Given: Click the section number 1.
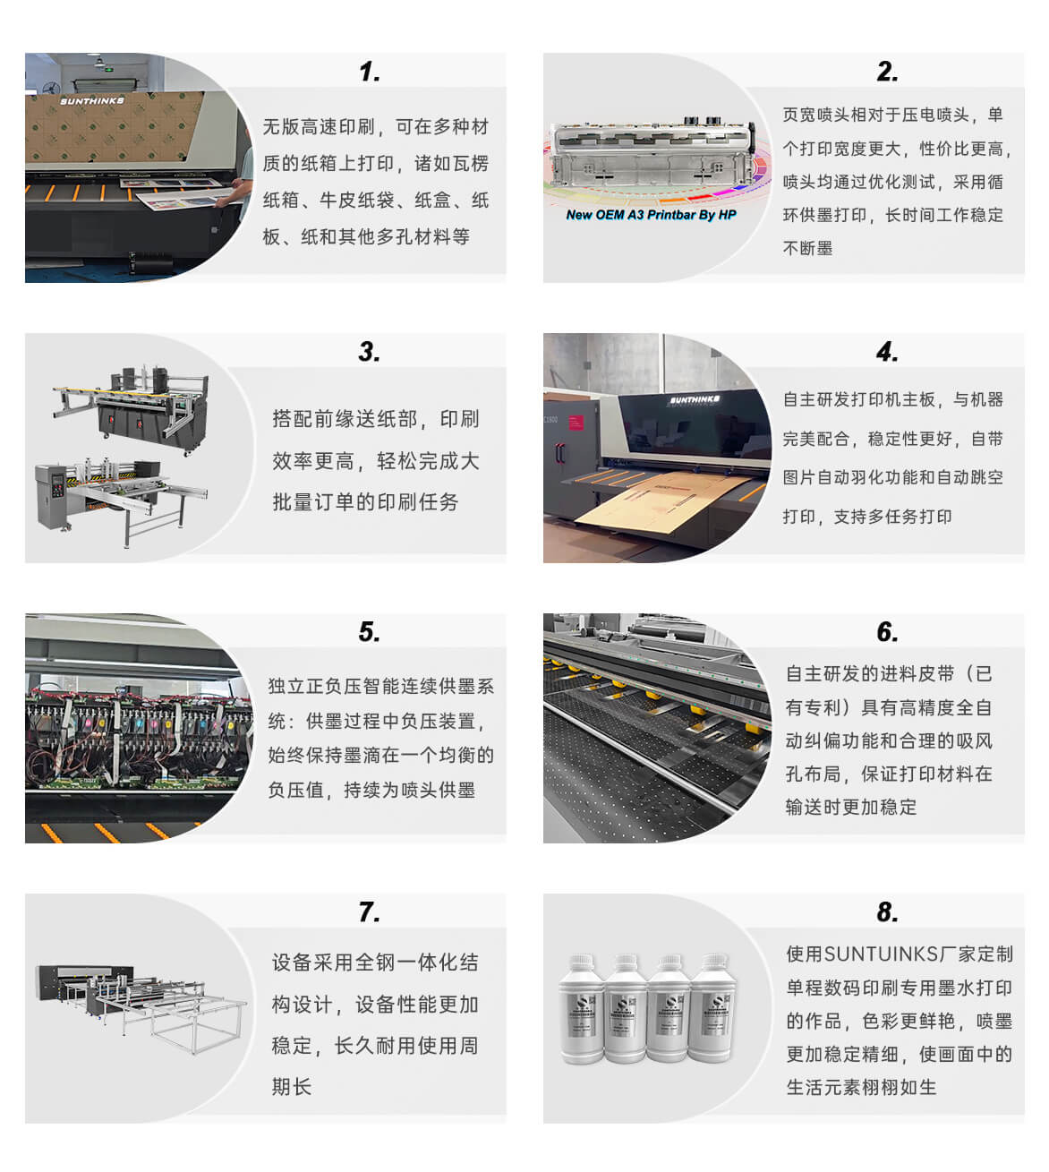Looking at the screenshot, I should coord(370,72).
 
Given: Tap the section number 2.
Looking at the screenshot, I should coord(887,72).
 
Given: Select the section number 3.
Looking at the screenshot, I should coord(370,352).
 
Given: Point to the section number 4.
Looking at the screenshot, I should coord(887,352).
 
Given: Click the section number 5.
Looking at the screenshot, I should coord(370,632).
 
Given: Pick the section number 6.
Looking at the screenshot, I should coord(887,632).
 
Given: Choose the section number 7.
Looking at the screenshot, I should coord(370,912).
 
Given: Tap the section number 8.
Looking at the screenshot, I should coord(887,912).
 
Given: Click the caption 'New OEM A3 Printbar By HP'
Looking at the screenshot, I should coord(651,215).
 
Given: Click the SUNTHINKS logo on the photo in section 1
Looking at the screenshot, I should coord(92,101).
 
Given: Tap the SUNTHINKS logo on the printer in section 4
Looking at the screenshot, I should coord(695,399).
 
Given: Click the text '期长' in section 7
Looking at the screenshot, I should coord(292,1087).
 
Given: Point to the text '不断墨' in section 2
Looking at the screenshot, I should coord(807,248).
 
